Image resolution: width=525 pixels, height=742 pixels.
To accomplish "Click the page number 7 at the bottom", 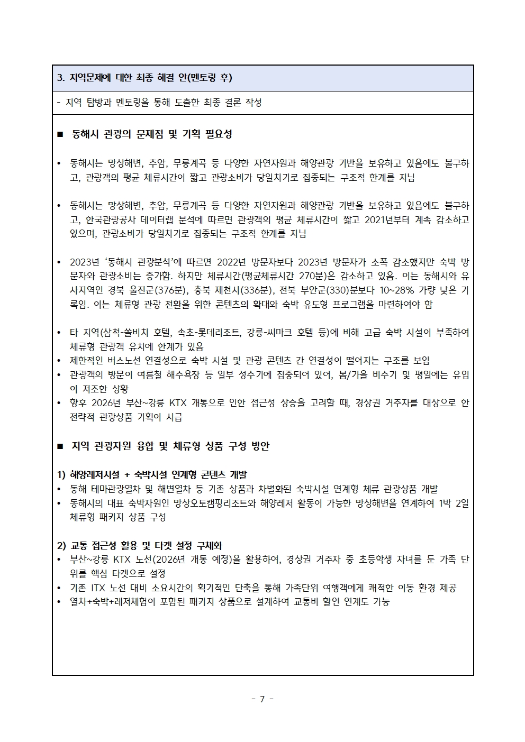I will [262, 699].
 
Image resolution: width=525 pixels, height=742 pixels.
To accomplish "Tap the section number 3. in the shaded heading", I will [60, 78].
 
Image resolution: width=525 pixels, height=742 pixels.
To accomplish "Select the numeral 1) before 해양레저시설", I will [61, 475].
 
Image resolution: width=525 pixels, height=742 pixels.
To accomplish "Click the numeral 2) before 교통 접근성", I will [61, 545].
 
